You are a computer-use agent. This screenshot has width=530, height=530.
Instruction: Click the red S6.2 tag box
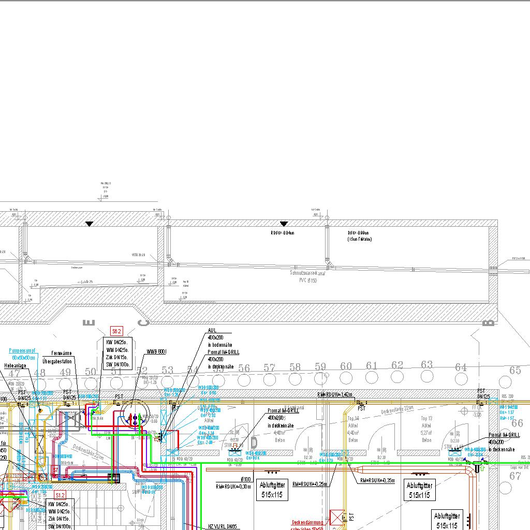coord(116,331)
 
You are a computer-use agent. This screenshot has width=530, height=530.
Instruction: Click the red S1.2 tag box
coord(60,495)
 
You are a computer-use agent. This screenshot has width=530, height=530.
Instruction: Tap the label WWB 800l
coord(156,352)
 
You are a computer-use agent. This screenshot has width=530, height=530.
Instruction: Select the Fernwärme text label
coord(61,353)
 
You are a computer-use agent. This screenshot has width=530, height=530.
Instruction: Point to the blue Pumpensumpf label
coord(22,350)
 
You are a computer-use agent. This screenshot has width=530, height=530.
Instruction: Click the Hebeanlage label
coord(15,365)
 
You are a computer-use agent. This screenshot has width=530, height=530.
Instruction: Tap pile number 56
coord(244,368)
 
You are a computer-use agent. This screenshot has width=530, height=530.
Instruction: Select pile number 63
coord(426,364)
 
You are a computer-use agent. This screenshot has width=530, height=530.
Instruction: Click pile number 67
coord(516,476)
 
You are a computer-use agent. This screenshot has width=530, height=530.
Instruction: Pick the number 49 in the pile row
coord(65,372)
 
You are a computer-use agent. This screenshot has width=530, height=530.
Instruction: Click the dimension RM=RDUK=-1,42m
coord(335,394)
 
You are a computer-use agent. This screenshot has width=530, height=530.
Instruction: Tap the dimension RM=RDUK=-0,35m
coord(377,481)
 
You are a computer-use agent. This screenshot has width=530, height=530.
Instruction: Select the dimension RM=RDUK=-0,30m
coord(233,486)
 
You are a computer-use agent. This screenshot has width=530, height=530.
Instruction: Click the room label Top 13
coord(426,418)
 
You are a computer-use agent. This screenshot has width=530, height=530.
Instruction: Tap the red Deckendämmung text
coord(307,522)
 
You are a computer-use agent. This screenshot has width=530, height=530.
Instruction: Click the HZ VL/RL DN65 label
coord(222,526)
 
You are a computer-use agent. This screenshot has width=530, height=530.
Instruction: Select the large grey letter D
coord(254,443)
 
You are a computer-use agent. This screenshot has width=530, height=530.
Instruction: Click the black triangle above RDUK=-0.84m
coord(284,224)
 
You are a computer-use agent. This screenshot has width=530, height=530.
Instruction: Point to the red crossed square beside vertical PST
coord(337,518)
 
